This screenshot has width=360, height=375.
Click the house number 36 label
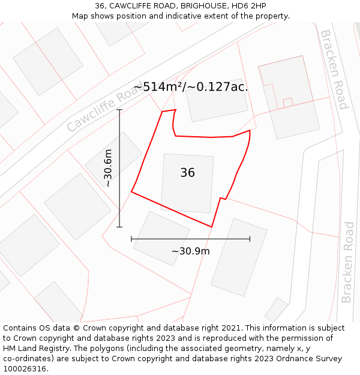tap(187, 173)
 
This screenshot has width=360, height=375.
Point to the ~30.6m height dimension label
tap(109, 169)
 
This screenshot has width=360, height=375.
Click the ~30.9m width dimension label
tap(191, 251)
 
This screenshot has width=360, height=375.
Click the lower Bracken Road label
tap(348, 262)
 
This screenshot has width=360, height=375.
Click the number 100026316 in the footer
tap(24, 368)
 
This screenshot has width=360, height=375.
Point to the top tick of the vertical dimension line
tap(119, 110)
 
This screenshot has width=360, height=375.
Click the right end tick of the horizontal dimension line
tap(250, 239)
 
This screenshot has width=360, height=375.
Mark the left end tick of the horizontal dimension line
tap(131, 239)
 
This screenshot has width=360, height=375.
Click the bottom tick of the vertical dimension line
tap(119, 227)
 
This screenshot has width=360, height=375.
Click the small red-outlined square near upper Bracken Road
tap(287, 103)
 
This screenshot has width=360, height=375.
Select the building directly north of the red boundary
tap(216, 100)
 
